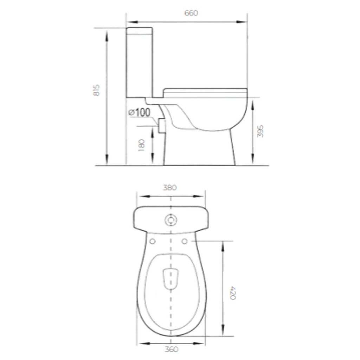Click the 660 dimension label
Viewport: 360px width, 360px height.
[x=191, y=13]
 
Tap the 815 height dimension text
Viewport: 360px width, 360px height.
[x=97, y=90]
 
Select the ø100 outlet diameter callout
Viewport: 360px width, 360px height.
[x=139, y=112]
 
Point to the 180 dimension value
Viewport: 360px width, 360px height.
[x=142, y=145]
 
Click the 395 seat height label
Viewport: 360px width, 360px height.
[x=260, y=131]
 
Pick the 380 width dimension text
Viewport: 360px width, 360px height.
[x=170, y=188]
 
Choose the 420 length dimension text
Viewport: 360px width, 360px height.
[x=233, y=293]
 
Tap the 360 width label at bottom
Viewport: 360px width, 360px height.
[x=171, y=349]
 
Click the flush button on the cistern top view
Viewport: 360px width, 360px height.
[x=171, y=220]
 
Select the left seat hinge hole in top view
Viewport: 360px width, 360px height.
[x=153, y=241]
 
